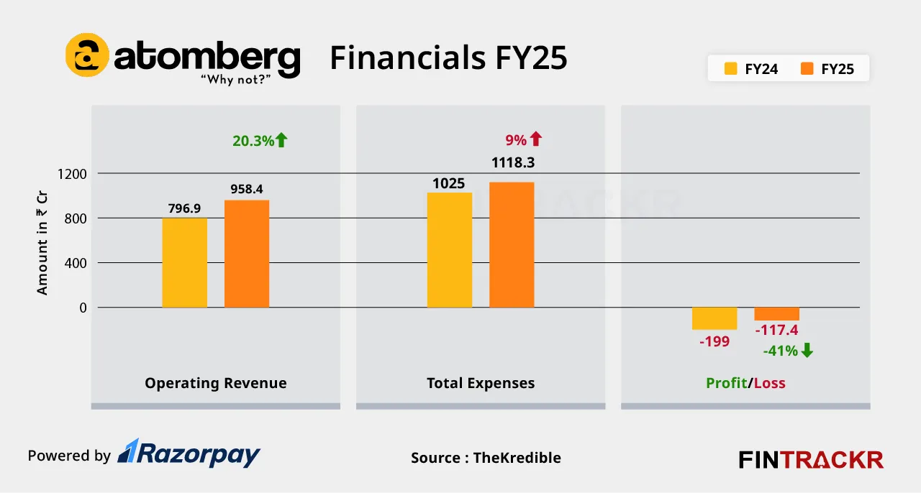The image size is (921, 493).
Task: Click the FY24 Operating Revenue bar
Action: coord(184,262)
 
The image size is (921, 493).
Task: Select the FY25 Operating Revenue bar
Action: coord(247,254)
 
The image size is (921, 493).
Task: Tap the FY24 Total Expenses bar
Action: coord(450,250)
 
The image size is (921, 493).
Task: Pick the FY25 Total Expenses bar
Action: coord(512,245)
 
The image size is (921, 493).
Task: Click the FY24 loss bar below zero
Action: coord(714,318)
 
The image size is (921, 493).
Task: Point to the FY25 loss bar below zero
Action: coord(776,314)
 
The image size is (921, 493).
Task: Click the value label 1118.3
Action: coord(512,163)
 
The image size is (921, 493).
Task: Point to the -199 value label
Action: coord(714,341)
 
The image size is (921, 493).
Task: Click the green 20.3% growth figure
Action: coord(253,141)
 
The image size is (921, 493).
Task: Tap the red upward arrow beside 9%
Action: coord(536,139)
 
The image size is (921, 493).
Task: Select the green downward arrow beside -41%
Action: coord(807,351)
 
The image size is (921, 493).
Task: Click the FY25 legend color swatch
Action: coord(807,69)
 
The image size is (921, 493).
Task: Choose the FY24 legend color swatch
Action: coord(731,69)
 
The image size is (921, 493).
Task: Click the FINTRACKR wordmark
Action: coord(811,459)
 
